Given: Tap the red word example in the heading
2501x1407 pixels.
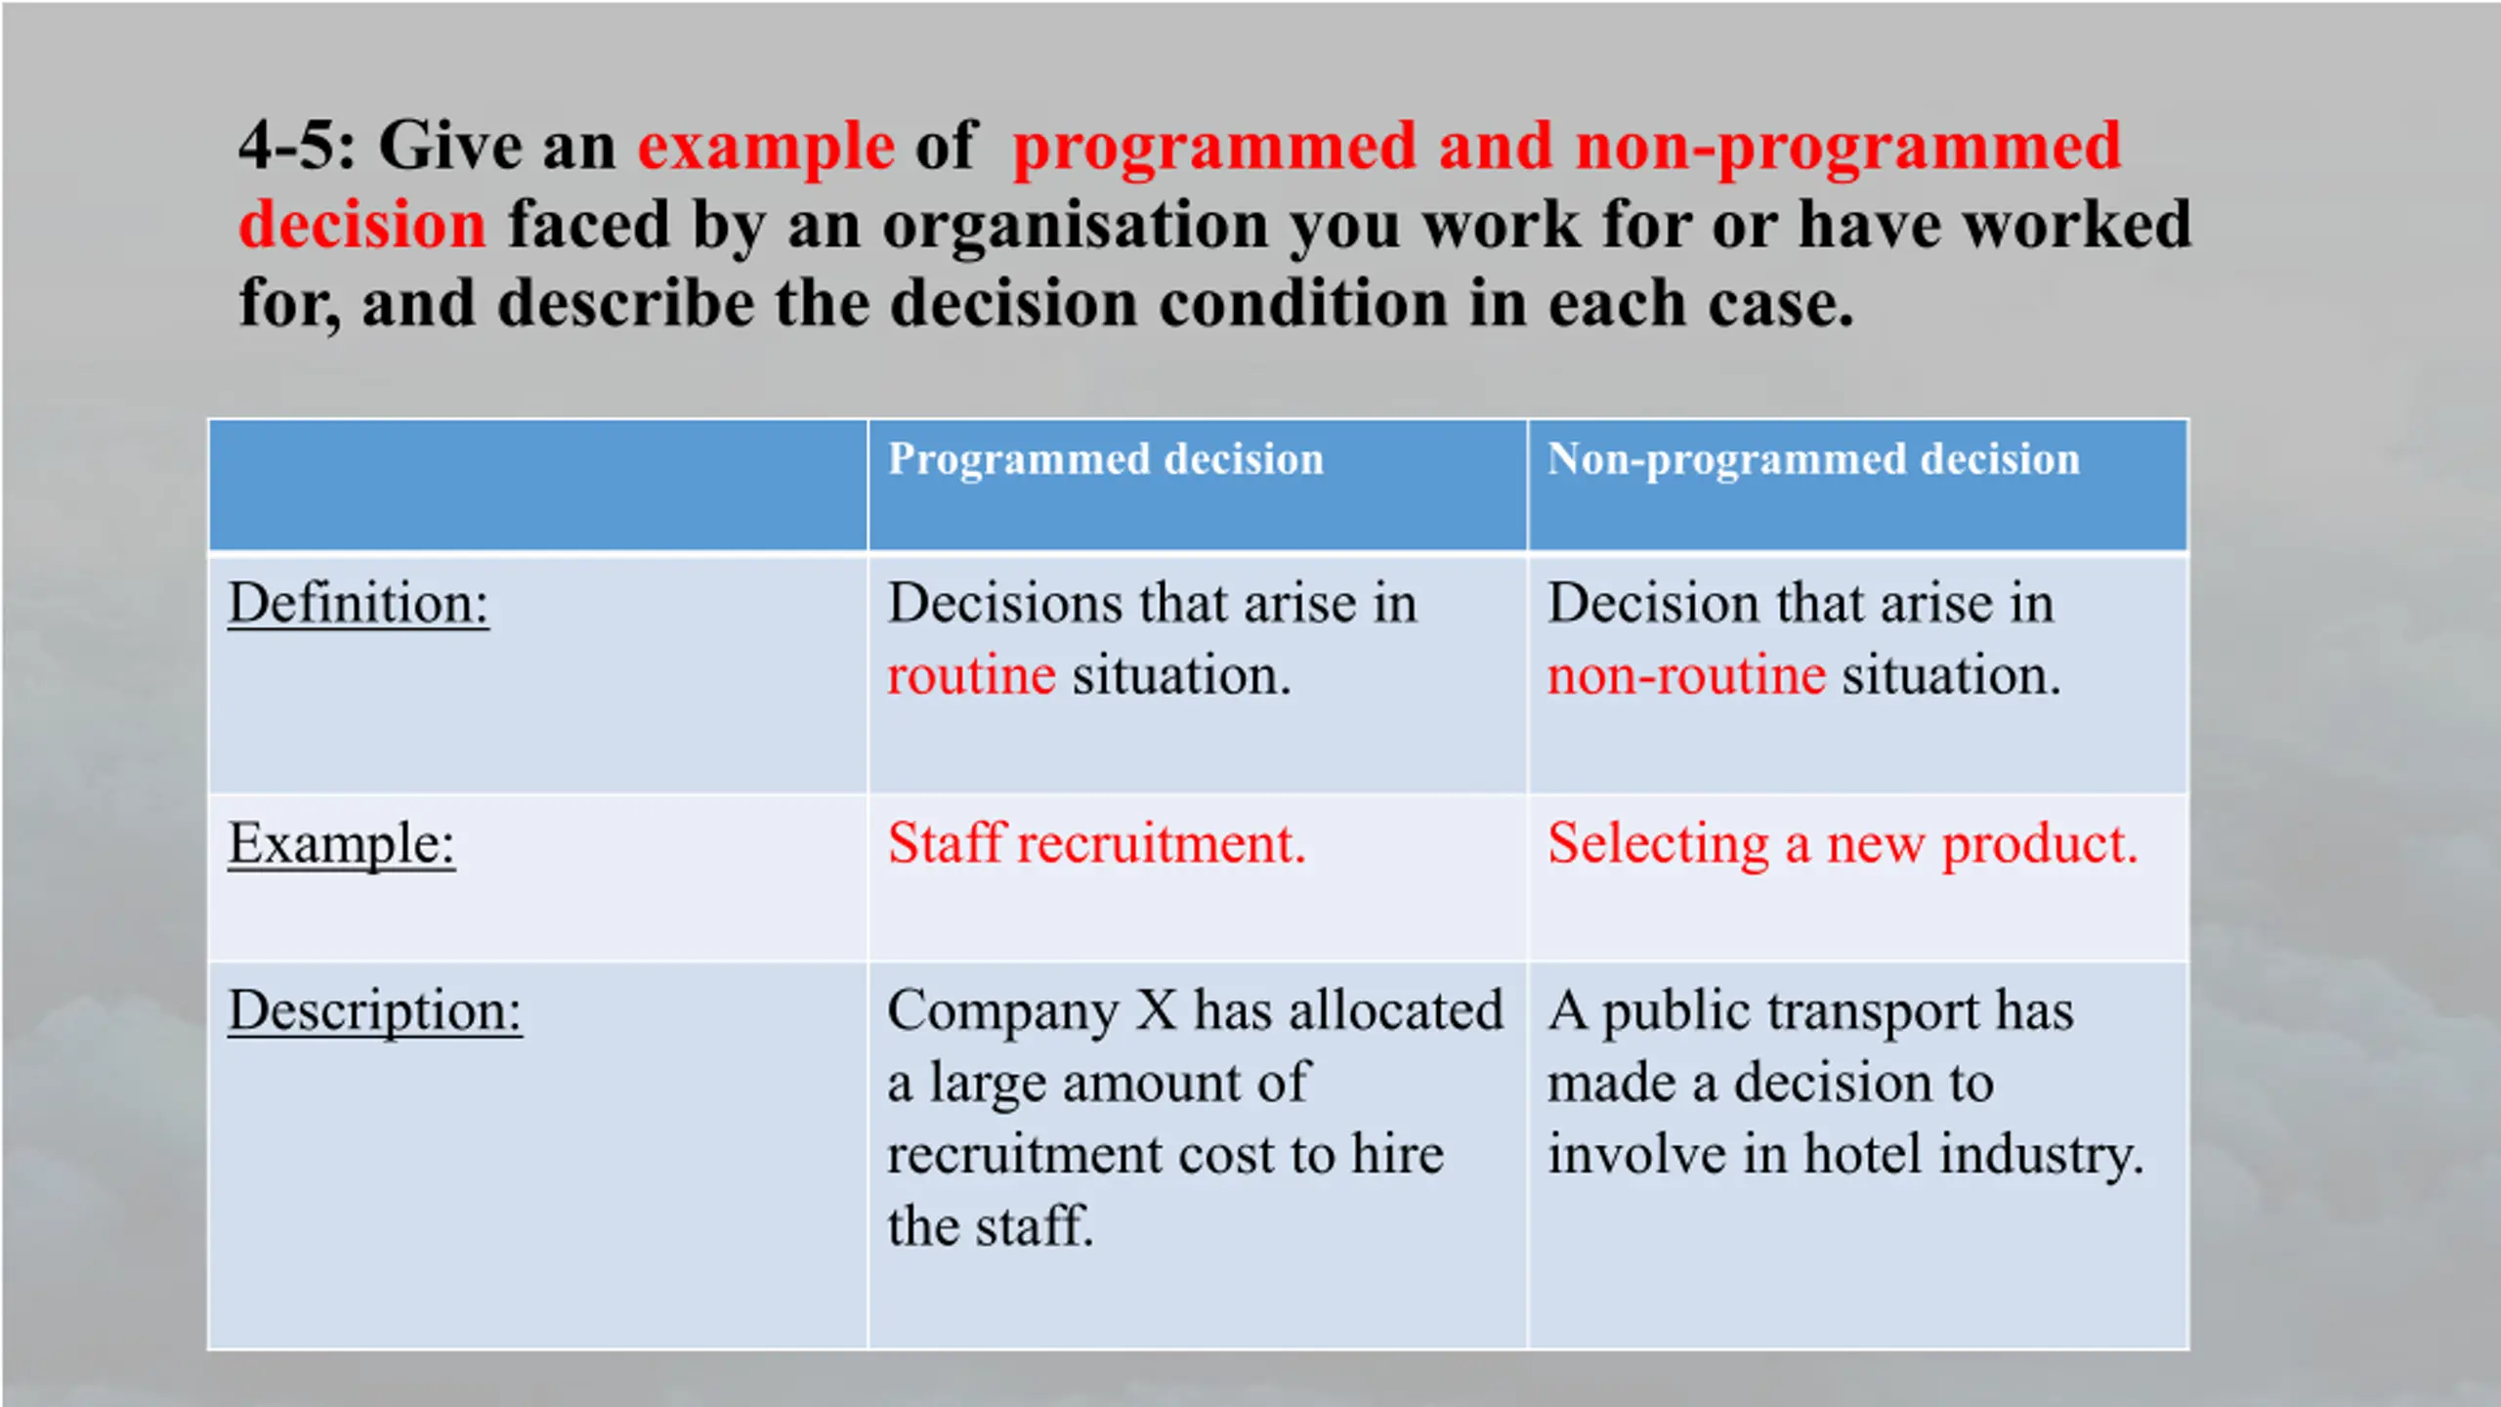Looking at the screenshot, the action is point(766,149).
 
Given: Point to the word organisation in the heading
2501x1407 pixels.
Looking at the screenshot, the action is point(1075,228).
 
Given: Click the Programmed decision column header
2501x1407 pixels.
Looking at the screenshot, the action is point(1106,460).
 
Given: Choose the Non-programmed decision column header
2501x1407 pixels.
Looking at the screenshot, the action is point(1814,460).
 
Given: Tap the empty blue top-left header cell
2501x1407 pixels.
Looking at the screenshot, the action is point(538,486).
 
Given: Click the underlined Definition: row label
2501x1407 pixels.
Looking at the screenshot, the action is point(359,604).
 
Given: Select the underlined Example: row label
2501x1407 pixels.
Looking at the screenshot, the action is point(342,845).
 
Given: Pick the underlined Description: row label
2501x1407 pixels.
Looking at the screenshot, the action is point(375,1012).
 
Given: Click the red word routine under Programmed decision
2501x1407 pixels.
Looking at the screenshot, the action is point(972,676).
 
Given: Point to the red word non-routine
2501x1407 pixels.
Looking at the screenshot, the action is point(1687,676).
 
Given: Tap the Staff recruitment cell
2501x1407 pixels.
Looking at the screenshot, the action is point(1097,843).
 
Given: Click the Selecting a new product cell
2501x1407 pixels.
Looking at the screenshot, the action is point(1844,845).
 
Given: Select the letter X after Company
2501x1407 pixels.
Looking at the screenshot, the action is point(1157,1010).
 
